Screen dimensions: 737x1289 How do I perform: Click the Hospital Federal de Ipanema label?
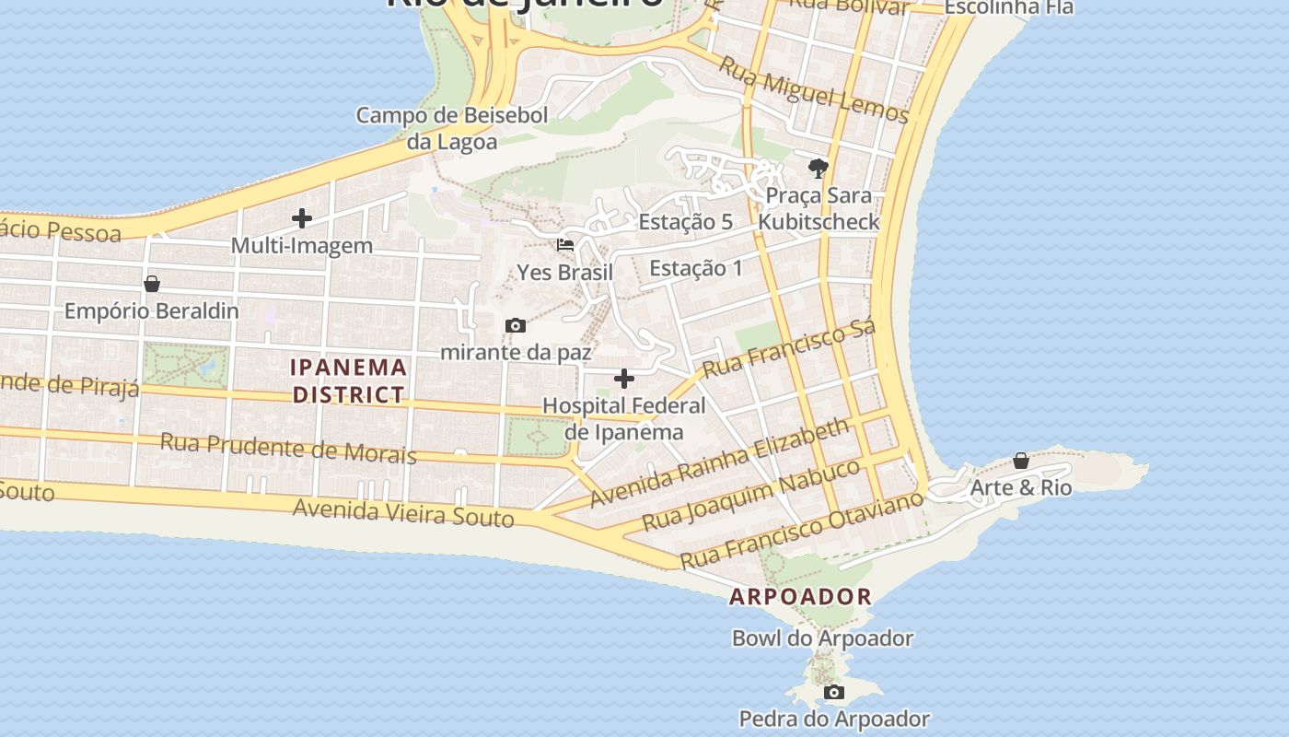click(624, 418)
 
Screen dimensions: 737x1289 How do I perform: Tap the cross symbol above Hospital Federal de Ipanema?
click(624, 379)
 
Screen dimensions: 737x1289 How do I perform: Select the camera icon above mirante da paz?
click(516, 325)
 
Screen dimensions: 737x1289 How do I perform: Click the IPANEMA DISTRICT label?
click(348, 380)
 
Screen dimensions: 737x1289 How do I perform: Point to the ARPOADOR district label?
click(800, 596)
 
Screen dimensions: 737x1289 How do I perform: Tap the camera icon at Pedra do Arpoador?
click(833, 692)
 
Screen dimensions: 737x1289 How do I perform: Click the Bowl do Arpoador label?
click(822, 638)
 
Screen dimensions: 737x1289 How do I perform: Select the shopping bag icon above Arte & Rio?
click(1020, 461)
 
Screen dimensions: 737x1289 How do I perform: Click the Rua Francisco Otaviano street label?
click(800, 530)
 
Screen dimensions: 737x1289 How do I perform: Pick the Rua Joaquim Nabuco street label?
click(750, 495)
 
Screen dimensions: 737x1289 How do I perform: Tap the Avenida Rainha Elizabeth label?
click(720, 462)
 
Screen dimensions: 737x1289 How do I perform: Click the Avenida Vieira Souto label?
click(403, 511)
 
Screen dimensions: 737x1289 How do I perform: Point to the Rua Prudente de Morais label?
click(288, 448)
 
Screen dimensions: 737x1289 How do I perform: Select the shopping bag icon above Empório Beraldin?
click(152, 284)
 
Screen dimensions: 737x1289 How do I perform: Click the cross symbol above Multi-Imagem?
click(301, 218)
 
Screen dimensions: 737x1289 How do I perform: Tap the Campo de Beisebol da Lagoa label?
click(452, 128)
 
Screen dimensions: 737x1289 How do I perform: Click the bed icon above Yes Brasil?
click(565, 245)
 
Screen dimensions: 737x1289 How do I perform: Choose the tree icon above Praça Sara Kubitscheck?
click(818, 168)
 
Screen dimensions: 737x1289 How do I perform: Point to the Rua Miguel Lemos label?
click(813, 89)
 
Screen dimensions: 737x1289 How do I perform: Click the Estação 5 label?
click(685, 221)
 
